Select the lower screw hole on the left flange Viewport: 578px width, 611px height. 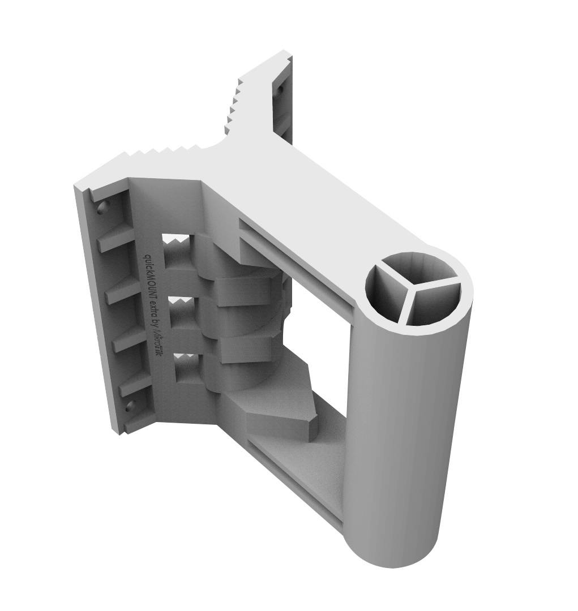coord(130,406)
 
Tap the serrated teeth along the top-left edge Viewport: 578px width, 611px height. coord(164,152)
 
